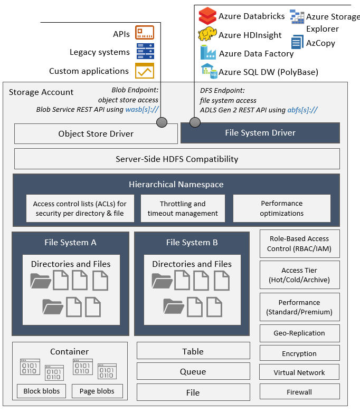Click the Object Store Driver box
(x=96, y=134)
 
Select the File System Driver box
(x=260, y=133)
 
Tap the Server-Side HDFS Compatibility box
(x=177, y=159)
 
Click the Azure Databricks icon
(x=207, y=16)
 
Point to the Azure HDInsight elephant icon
(x=207, y=35)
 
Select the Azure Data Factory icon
(x=208, y=53)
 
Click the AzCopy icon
(x=297, y=42)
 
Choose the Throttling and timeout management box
(x=183, y=208)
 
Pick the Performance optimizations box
(x=281, y=208)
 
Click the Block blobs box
(x=42, y=391)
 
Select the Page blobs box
(x=97, y=391)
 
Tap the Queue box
(x=193, y=371)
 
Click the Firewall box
(x=299, y=392)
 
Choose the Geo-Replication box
(x=299, y=333)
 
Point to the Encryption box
(x=299, y=353)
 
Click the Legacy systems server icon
(x=145, y=52)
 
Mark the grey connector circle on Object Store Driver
(x=162, y=122)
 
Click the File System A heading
(x=70, y=243)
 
